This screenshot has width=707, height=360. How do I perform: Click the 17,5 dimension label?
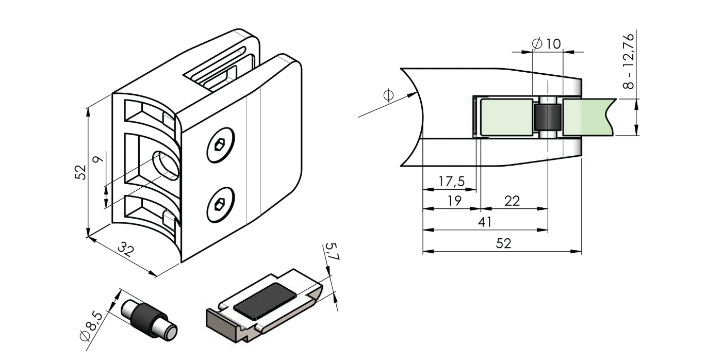pos(451,182)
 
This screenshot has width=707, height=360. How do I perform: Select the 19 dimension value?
pos(454,201)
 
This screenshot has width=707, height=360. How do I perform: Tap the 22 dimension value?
pos(512,201)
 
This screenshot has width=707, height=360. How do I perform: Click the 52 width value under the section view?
pos(503,244)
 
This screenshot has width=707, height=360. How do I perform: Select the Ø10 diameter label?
pos(546,44)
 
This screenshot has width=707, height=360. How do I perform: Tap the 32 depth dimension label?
pos(125,251)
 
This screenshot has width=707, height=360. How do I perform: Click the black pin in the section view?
pos(547,117)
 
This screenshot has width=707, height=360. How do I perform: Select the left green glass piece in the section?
pos(506,117)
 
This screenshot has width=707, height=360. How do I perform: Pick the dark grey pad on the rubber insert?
pos(265,300)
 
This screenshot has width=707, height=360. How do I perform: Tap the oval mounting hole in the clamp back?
pos(166,166)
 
